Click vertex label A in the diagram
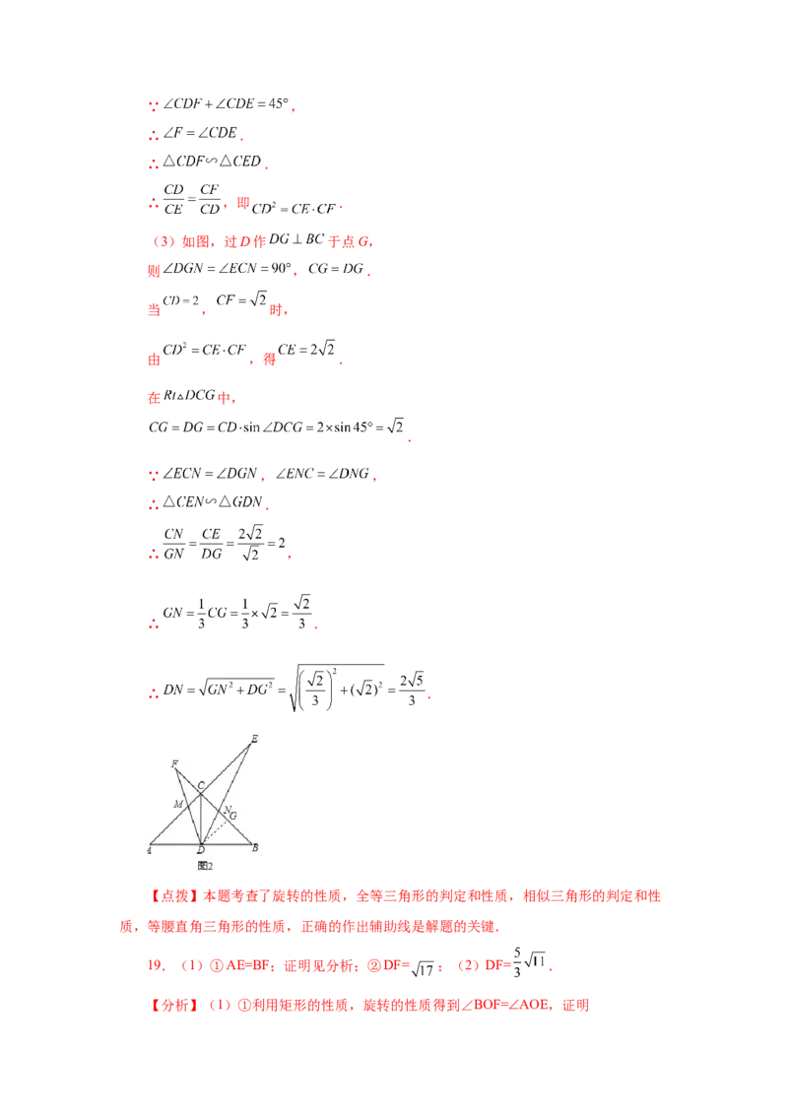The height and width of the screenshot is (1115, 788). pyautogui.click(x=149, y=850)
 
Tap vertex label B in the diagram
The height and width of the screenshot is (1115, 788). pyautogui.click(x=255, y=847)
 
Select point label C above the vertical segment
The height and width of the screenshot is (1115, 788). pyautogui.click(x=201, y=785)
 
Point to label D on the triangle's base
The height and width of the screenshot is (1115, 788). pyautogui.click(x=201, y=850)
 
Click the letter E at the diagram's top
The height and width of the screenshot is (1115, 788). pyautogui.click(x=254, y=738)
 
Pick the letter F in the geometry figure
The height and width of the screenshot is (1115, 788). pyautogui.click(x=174, y=764)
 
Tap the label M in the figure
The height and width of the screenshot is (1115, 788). pyautogui.click(x=178, y=804)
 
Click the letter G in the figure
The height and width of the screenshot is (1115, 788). pyautogui.click(x=232, y=816)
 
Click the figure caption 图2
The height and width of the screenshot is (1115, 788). pyautogui.click(x=206, y=866)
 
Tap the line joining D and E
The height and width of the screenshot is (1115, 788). pyautogui.click(x=227, y=793)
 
